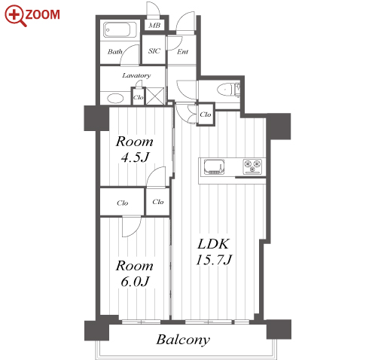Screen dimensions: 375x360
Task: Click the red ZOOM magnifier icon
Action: coord(15,16)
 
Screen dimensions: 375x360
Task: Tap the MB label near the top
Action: coord(154,26)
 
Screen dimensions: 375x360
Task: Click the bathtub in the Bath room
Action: coord(117,30)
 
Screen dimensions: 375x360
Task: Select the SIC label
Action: coord(154,51)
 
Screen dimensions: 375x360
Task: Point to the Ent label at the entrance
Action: coord(182,52)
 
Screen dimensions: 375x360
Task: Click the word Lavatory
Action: coord(136,75)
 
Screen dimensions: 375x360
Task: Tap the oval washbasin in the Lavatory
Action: coord(115,98)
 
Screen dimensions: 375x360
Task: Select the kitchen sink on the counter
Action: coord(214,166)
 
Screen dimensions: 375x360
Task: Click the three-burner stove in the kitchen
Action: coord(252,166)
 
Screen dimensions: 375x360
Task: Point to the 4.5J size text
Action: coord(135,157)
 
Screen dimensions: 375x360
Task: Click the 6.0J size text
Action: coord(135,282)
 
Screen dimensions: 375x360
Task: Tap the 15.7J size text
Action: coord(214,260)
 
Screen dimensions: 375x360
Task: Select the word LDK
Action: coord(213,244)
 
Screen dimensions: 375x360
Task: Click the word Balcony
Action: coord(183,340)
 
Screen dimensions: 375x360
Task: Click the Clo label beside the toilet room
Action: coord(206,114)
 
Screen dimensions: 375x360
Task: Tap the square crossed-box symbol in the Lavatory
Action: coord(155,96)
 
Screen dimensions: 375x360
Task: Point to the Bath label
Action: coord(114,52)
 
